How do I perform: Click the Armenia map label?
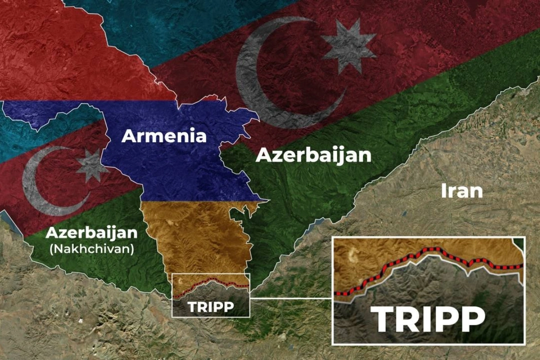[164, 136]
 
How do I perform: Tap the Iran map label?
[462, 191]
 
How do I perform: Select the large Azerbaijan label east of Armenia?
[313, 155]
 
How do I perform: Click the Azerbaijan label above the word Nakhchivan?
[91, 233]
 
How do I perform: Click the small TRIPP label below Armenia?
[211, 307]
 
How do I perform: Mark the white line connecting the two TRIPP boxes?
[291, 298]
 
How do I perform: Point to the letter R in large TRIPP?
[408, 319]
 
